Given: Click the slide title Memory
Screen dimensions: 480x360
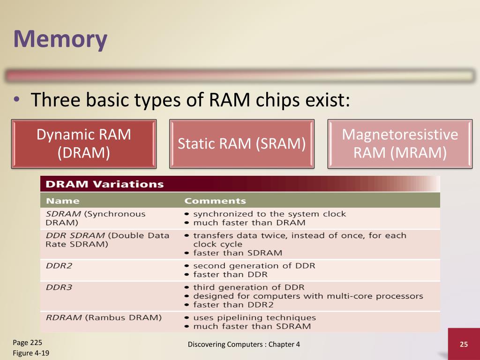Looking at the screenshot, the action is pyautogui.click(x=60, y=39).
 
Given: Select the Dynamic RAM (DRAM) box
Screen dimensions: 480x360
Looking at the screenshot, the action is pyautogui.click(x=84, y=143).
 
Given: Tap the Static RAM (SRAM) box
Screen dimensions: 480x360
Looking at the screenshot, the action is pyautogui.click(x=241, y=143).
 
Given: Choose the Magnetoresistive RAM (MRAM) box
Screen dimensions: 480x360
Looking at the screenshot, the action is pyautogui.click(x=400, y=143).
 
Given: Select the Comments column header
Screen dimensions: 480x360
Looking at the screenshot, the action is pyautogui.click(x=215, y=201).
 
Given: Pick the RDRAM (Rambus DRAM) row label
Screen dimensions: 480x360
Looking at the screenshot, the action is pyautogui.click(x=104, y=317).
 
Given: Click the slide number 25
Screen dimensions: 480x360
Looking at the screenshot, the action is pyautogui.click(x=464, y=345).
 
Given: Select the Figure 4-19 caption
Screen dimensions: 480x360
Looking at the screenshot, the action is pyautogui.click(x=31, y=352).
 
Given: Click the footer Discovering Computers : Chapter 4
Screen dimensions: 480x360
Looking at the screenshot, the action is pyautogui.click(x=244, y=345).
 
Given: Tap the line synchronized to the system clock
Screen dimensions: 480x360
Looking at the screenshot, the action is pyautogui.click(x=270, y=214).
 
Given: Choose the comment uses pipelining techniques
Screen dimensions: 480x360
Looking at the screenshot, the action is pyautogui.click(x=255, y=317).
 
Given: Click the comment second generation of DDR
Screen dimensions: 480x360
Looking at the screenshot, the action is pyautogui.click(x=254, y=266).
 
